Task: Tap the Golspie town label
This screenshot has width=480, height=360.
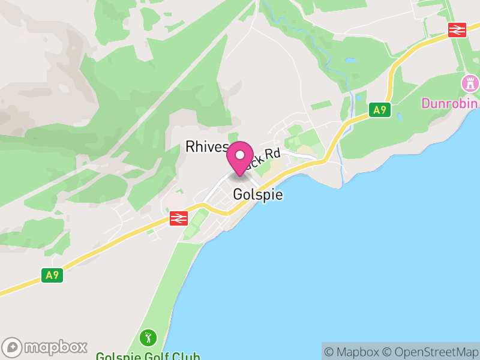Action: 257,195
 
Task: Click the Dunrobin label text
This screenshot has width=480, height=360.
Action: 449,103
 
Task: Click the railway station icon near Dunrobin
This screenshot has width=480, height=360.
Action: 457,29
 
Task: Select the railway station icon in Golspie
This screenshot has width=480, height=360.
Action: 179,218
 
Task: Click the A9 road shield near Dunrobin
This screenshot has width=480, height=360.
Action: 380,110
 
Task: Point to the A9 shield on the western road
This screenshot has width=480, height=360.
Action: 53,275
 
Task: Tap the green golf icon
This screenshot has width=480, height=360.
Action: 148,337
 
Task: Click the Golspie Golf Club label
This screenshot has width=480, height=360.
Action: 148,355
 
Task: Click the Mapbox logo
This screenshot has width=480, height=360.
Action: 45,347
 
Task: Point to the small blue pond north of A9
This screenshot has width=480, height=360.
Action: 350,60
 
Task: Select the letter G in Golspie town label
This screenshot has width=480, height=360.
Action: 237,195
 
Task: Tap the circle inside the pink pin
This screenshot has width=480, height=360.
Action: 240,155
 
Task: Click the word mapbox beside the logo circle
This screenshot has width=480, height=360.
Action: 56,347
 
